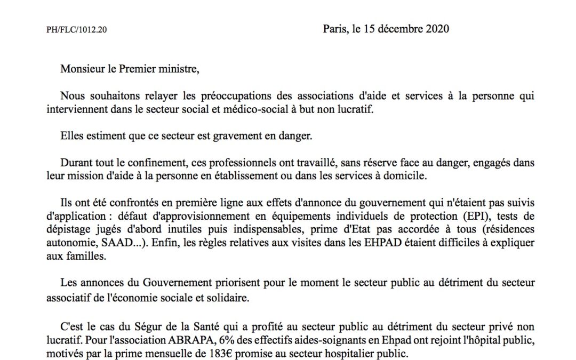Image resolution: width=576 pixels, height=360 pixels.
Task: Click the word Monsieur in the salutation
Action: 80,69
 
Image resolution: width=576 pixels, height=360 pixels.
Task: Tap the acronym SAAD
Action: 119,242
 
